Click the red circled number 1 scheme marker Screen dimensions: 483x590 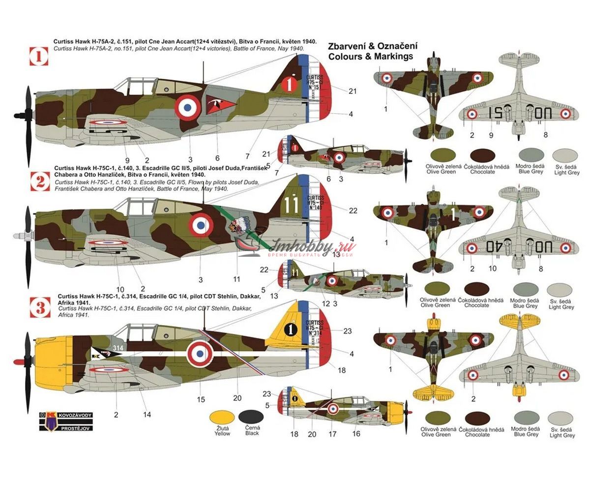coord(39,57)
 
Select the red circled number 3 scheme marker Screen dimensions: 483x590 coord(39,306)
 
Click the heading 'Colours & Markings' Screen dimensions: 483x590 coord(364,57)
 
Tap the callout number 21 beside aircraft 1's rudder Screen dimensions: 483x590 coord(352,91)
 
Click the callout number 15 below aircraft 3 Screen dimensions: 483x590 coord(201,399)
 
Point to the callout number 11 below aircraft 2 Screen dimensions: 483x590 coord(236,279)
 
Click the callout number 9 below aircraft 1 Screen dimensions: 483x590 coord(127,160)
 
